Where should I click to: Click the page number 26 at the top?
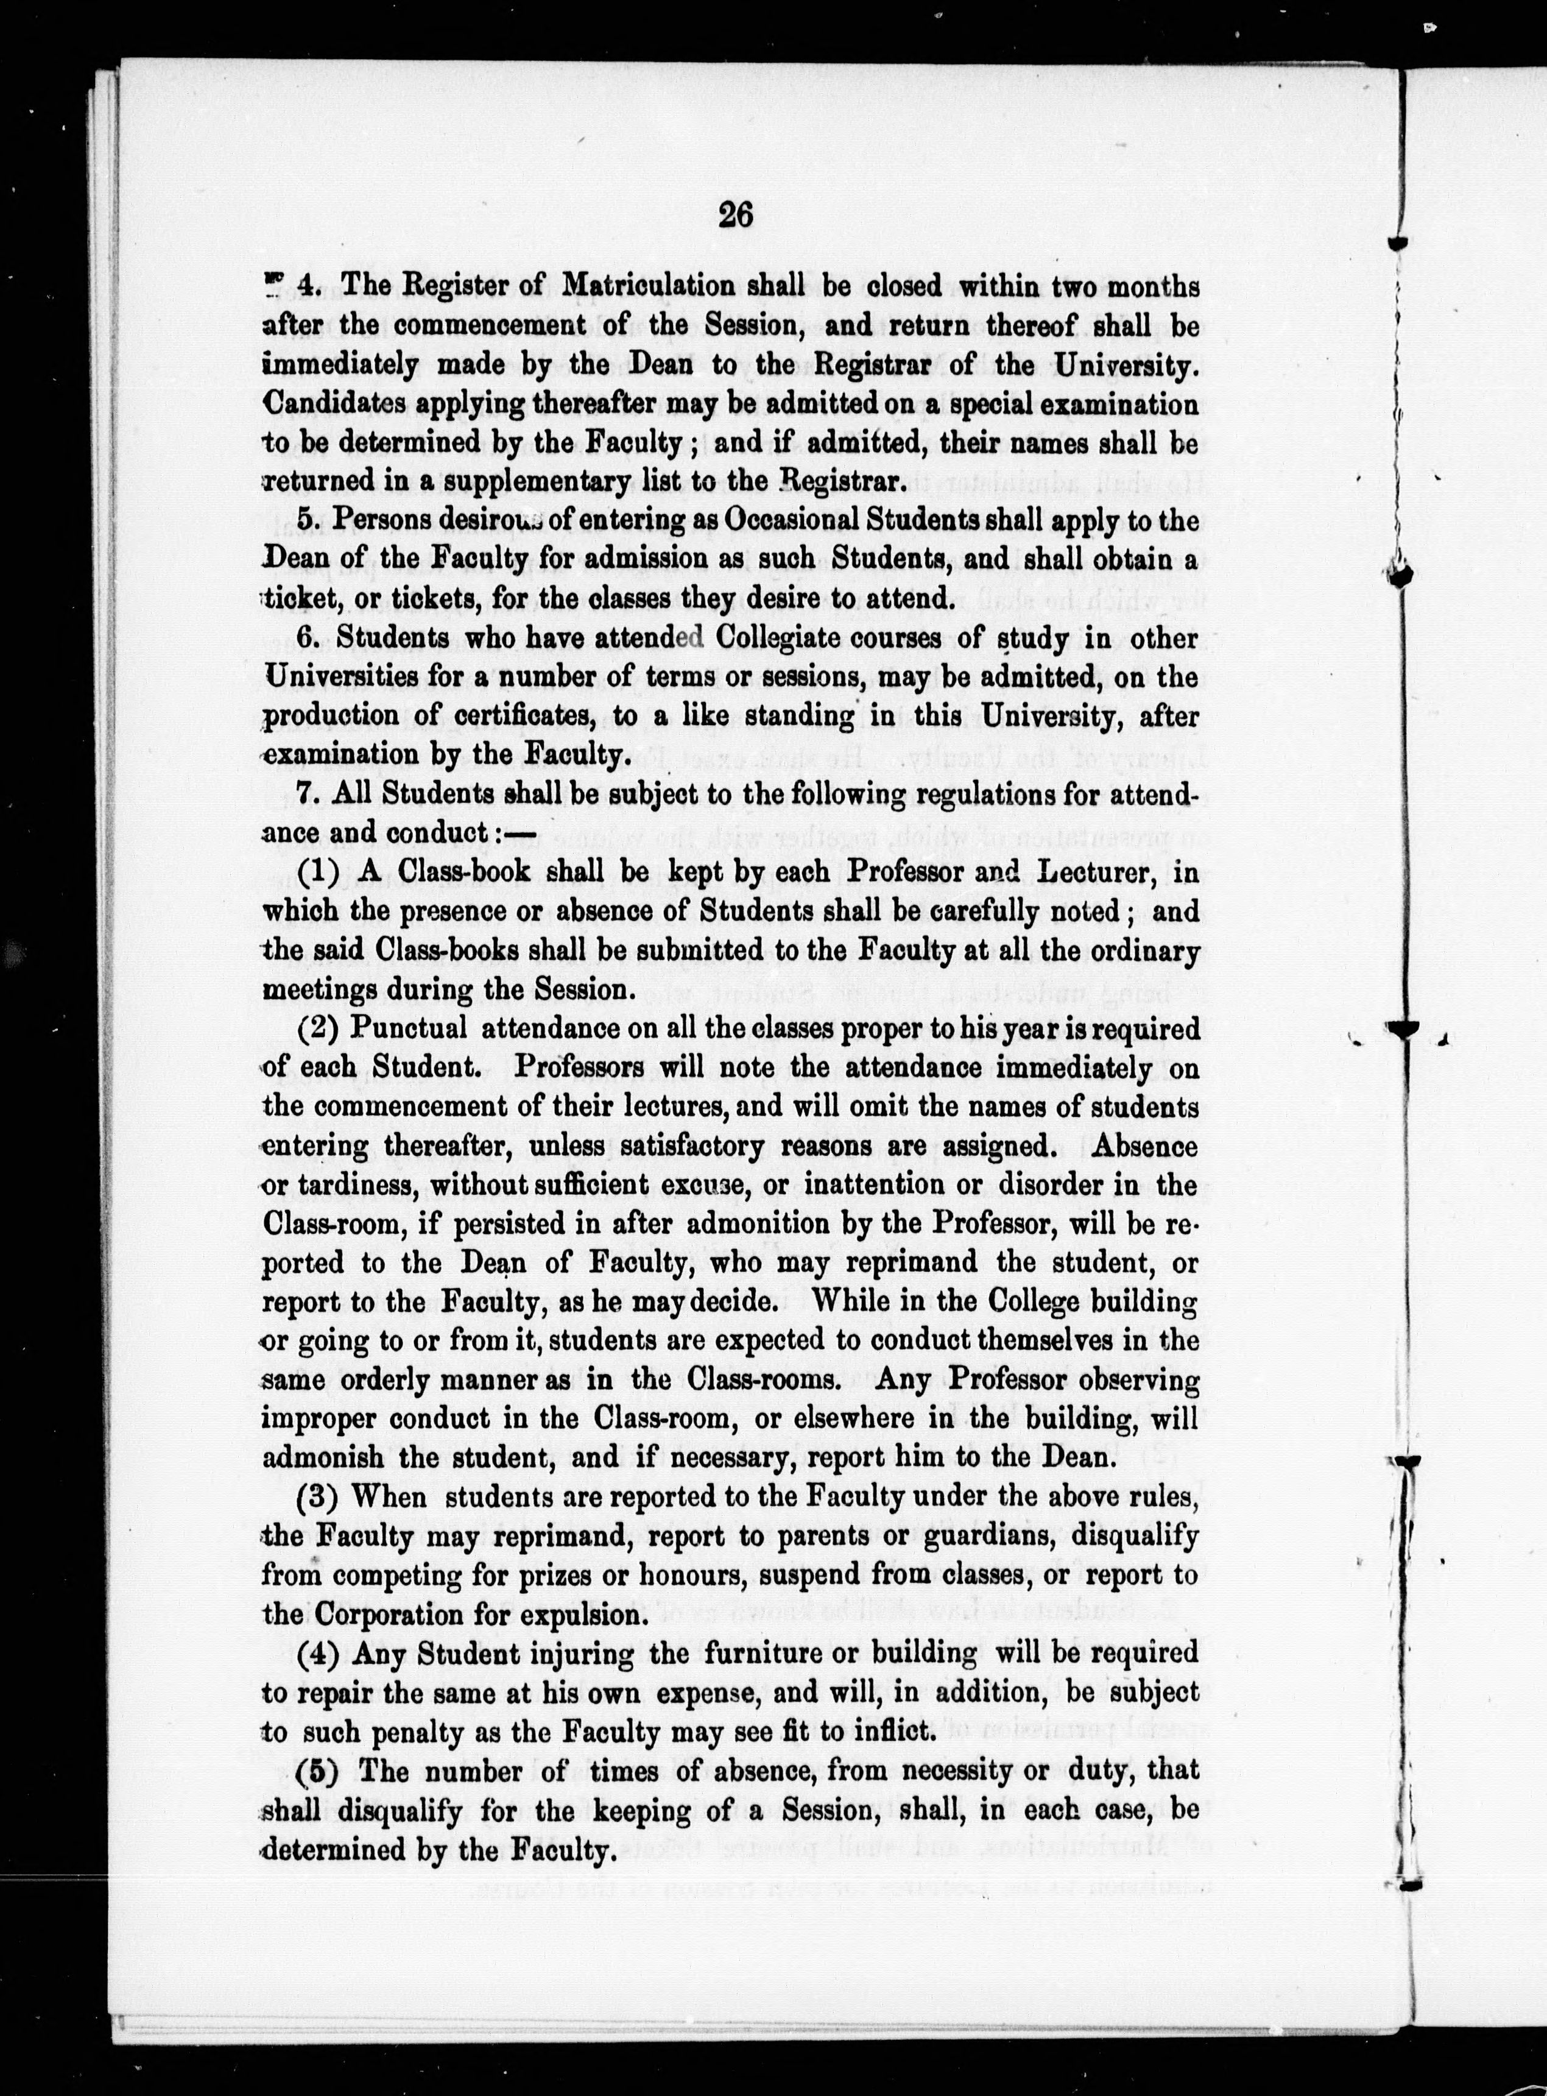point(735,216)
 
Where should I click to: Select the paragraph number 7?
point(305,794)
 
